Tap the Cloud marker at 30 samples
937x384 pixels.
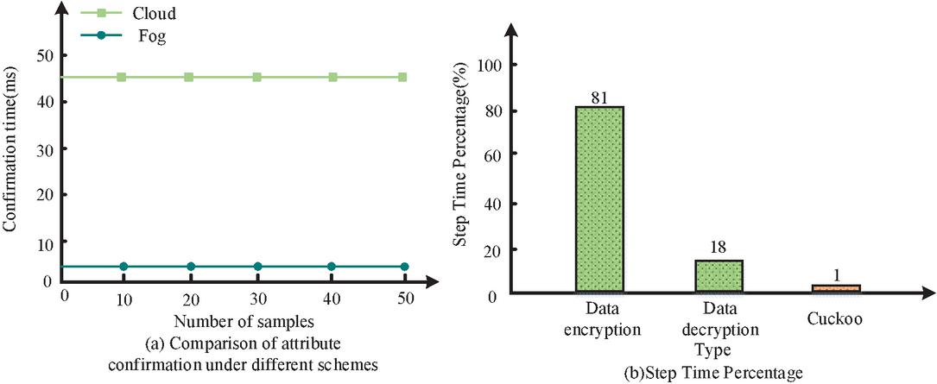[256, 77]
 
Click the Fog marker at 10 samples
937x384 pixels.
[123, 266]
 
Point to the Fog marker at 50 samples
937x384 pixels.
[404, 266]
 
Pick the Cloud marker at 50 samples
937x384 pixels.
[403, 77]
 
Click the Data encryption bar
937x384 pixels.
[600, 199]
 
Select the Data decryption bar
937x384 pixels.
[719, 276]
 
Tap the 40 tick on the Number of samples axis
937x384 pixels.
[331, 299]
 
